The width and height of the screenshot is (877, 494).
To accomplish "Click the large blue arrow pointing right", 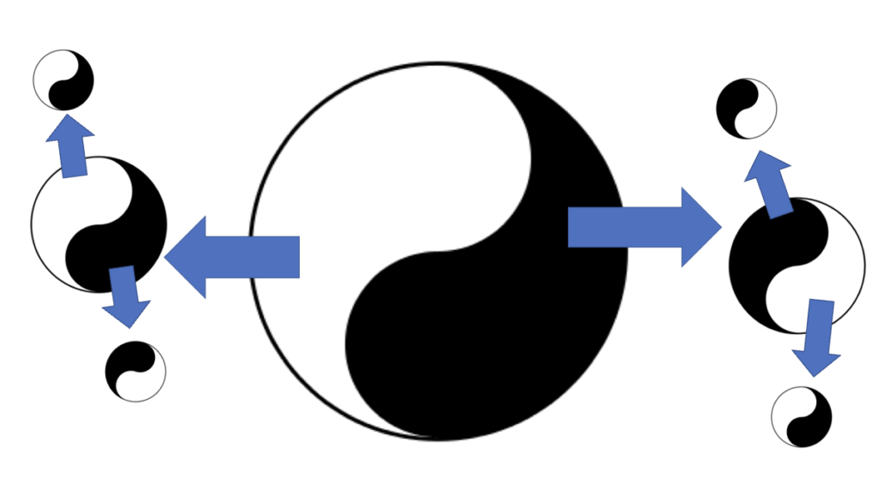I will click(642, 227).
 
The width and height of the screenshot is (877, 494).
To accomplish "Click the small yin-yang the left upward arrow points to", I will click(63, 80).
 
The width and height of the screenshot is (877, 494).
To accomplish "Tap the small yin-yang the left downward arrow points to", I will click(135, 371).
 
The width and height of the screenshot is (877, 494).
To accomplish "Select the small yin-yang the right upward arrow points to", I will click(746, 109).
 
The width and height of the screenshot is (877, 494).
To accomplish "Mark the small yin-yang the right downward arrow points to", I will click(802, 416).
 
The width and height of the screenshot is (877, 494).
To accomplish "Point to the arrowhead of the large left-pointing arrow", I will click(188, 257).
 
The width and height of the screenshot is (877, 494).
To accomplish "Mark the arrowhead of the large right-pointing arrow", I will click(698, 227).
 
